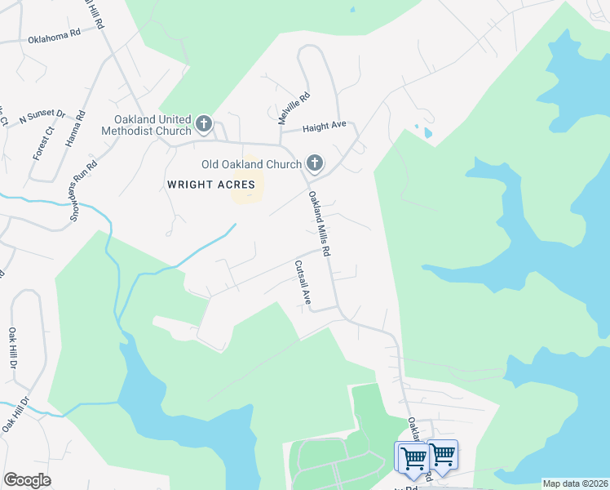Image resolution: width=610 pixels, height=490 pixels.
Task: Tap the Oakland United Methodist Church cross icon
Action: (204, 125)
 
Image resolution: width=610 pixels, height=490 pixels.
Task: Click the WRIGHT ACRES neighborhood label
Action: (211, 185)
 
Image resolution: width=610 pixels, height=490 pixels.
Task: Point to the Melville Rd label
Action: (283, 108)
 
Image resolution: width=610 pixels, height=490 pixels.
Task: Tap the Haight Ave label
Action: (325, 126)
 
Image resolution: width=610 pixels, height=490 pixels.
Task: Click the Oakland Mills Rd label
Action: (319, 224)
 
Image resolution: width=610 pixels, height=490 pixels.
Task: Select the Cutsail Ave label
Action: (303, 283)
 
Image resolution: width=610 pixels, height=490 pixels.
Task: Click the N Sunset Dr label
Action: (41, 115)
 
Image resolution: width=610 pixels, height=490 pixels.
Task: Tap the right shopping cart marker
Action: (443, 454)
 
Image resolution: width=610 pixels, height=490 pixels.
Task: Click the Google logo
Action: (27, 480)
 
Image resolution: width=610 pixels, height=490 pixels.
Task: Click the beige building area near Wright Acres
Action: (249, 181)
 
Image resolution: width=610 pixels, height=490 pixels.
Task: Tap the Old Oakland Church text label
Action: (251, 164)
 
